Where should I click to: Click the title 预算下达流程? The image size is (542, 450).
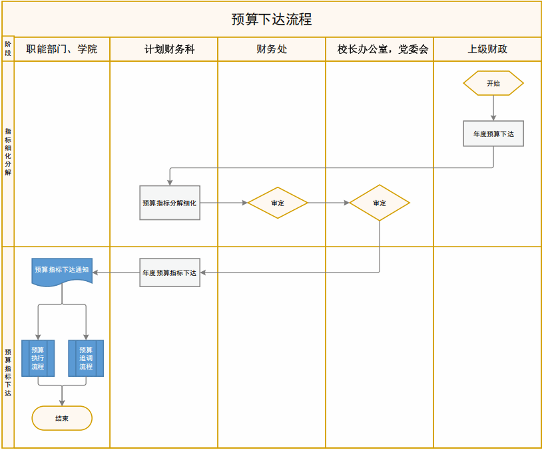click(271, 19)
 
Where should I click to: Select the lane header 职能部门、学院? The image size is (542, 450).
click(62, 49)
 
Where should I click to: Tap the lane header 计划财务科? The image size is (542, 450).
click(164, 49)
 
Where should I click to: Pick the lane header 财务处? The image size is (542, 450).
click(272, 49)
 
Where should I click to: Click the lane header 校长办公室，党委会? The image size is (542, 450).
click(380, 49)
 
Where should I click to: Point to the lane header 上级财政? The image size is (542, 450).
click(487, 49)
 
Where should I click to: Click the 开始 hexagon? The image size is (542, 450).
click(493, 84)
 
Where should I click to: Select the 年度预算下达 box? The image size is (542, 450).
click(493, 134)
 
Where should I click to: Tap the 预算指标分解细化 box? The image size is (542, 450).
click(170, 203)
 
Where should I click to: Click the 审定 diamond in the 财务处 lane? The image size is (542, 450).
click(278, 203)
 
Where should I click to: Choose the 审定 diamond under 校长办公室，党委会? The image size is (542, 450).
click(380, 203)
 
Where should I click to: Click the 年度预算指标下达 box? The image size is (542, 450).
click(170, 273)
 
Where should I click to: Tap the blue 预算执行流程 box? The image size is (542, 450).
click(38, 358)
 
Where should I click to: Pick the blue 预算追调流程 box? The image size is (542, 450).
click(86, 358)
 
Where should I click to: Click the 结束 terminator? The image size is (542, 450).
click(62, 418)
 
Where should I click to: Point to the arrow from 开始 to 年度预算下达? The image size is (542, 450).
click(493, 108)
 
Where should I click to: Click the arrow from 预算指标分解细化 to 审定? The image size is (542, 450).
click(224, 203)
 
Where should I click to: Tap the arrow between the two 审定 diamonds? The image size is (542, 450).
click(329, 203)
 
